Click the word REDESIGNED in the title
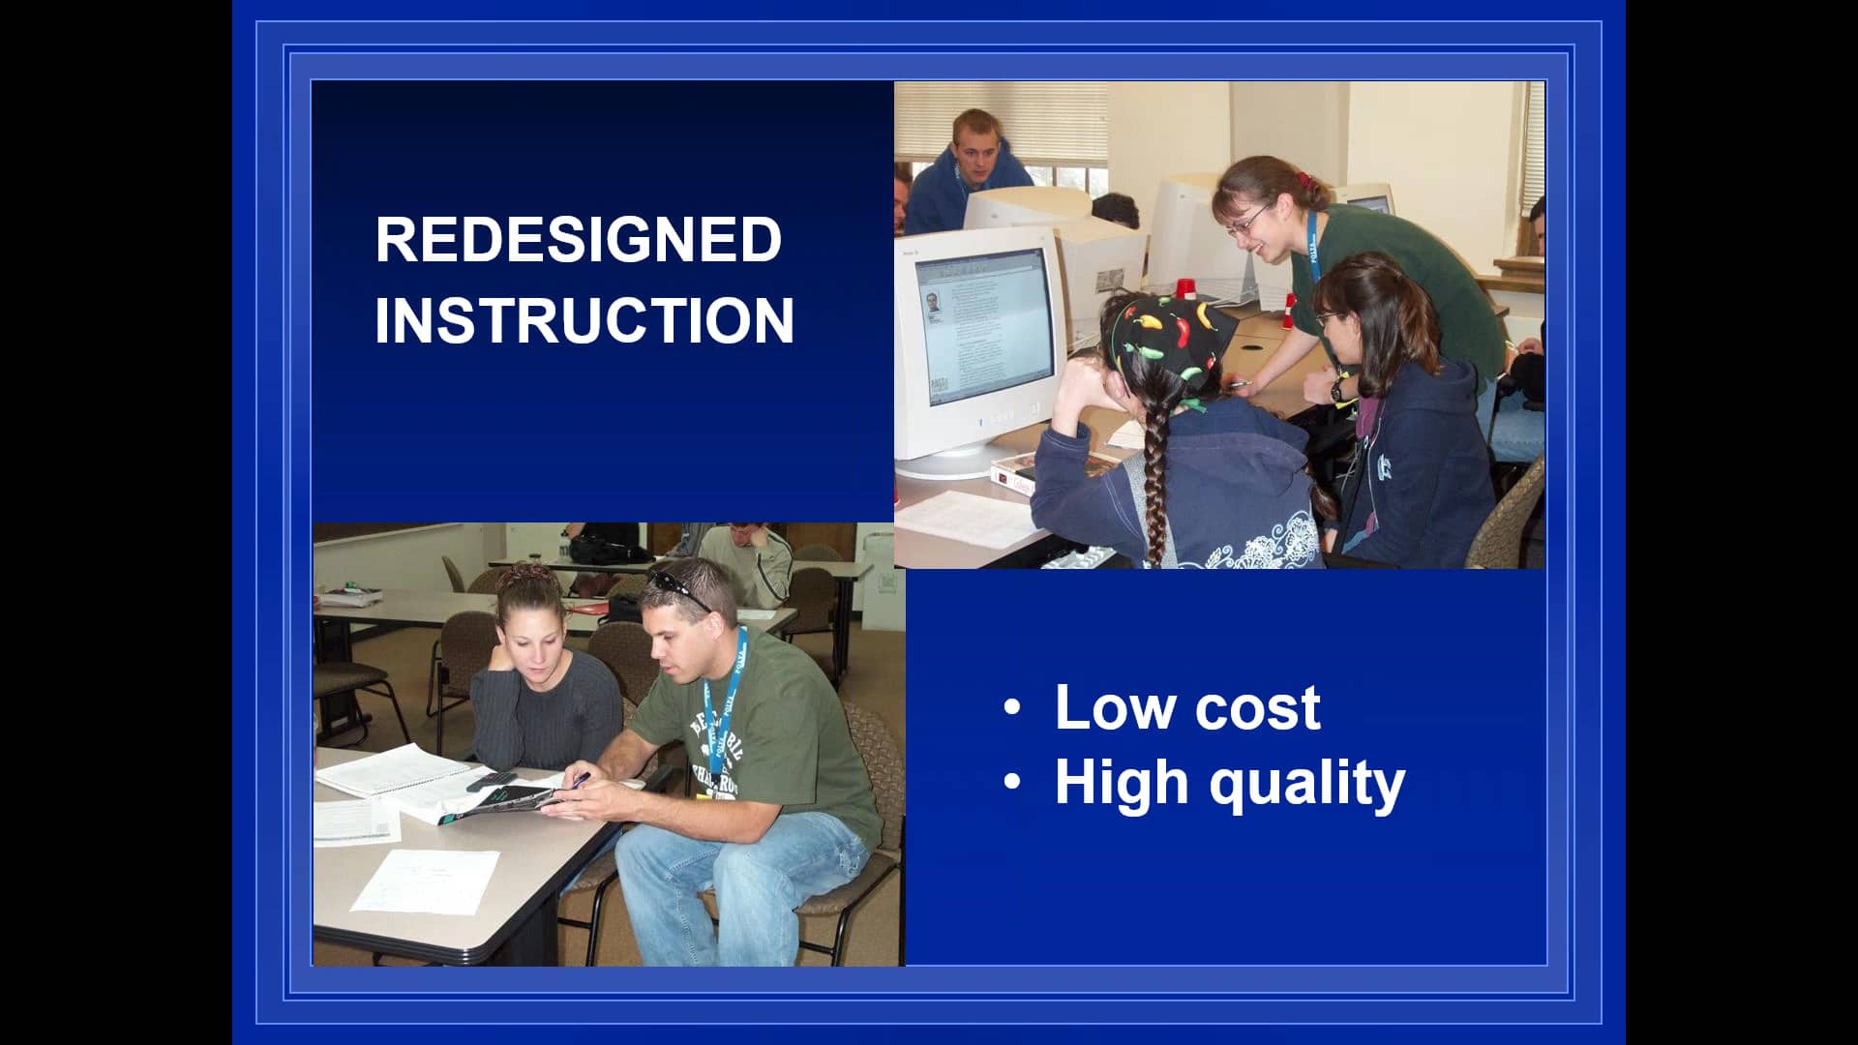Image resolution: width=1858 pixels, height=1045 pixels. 578,239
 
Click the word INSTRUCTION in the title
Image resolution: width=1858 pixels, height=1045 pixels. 584,320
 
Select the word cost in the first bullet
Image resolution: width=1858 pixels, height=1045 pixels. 1257,709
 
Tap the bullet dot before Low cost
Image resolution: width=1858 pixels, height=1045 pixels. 1012,707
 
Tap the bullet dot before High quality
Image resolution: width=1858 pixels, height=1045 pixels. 1012,782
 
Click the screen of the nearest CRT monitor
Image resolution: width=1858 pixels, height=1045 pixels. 988,329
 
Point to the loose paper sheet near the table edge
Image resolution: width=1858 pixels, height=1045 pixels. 426,881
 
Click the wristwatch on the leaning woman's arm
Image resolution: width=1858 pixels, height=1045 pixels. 1337,389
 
